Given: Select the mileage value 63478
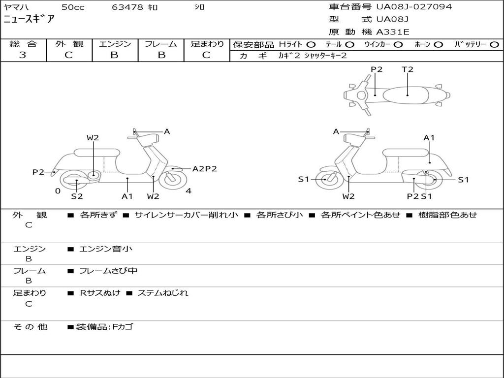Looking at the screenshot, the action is click(127, 7).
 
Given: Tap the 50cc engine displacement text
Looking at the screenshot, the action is click(72, 7).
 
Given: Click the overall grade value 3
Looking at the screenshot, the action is click(23, 55).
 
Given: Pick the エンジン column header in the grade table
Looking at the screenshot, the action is click(115, 44).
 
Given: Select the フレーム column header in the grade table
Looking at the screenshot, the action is click(160, 44).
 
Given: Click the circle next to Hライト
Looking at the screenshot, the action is click(311, 45).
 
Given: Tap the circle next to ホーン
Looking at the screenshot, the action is click(439, 45).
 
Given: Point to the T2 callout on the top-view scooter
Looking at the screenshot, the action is click(408, 69).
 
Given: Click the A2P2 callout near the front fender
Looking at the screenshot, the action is click(204, 169).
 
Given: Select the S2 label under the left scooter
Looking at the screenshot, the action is click(77, 196).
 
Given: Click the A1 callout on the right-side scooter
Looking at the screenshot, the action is click(429, 138).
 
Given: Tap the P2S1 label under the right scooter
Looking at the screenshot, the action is click(419, 196).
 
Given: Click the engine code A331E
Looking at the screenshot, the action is click(393, 32).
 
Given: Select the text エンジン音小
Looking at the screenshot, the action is click(106, 249).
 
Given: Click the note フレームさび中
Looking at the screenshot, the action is click(108, 271).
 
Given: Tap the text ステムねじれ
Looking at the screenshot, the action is click(162, 293).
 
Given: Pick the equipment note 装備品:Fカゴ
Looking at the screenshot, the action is click(104, 327).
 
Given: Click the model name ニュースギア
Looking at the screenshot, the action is click(29, 20).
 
